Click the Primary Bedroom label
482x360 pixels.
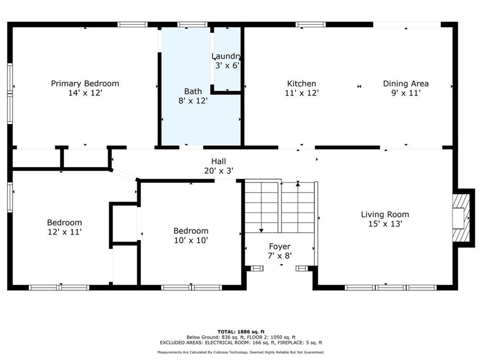[x=85, y=84]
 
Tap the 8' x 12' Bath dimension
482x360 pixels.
[x=193, y=101]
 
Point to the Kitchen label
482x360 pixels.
[x=301, y=84]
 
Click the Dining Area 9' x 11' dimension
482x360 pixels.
[x=406, y=93]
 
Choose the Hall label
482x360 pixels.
[x=219, y=161]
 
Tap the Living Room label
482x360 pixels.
[x=385, y=214]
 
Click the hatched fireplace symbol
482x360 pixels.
[x=461, y=218]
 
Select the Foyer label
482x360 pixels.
[x=280, y=246]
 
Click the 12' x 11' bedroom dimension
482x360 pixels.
[x=65, y=232]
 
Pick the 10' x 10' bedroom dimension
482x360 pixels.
[x=191, y=240]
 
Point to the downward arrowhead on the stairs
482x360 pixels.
[x=261, y=230]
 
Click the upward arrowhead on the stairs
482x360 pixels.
[x=298, y=184]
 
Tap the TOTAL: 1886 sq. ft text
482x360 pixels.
[x=241, y=332]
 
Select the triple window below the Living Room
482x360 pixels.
[x=390, y=287]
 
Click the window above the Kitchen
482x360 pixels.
[x=310, y=25]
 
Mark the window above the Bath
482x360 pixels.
[x=193, y=25]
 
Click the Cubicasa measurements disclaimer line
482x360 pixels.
[x=241, y=352]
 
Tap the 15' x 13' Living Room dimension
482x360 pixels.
[x=385, y=224]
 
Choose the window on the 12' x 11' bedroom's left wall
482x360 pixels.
[x=10, y=197]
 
